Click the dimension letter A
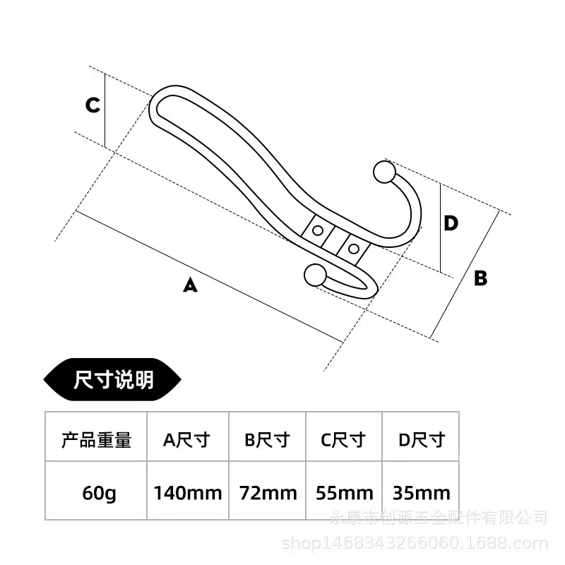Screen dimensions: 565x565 (x=190, y=285)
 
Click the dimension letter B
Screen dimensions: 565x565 (x=481, y=278)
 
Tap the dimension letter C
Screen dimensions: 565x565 (x=93, y=105)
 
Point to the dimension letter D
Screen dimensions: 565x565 (x=451, y=223)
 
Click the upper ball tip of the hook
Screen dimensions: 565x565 (x=384, y=172)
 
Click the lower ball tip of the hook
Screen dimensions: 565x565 (x=315, y=275)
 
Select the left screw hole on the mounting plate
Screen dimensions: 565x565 (x=317, y=230)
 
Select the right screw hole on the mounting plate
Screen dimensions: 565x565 (x=354, y=249)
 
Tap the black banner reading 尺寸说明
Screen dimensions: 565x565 (x=112, y=379)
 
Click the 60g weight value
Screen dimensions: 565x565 (x=99, y=493)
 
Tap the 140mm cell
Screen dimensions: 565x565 (x=188, y=493)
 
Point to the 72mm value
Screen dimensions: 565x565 (x=268, y=493)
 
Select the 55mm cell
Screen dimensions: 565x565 (x=345, y=493)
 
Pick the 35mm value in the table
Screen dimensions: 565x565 (x=422, y=493)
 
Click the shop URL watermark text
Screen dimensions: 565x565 (x=415, y=542)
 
